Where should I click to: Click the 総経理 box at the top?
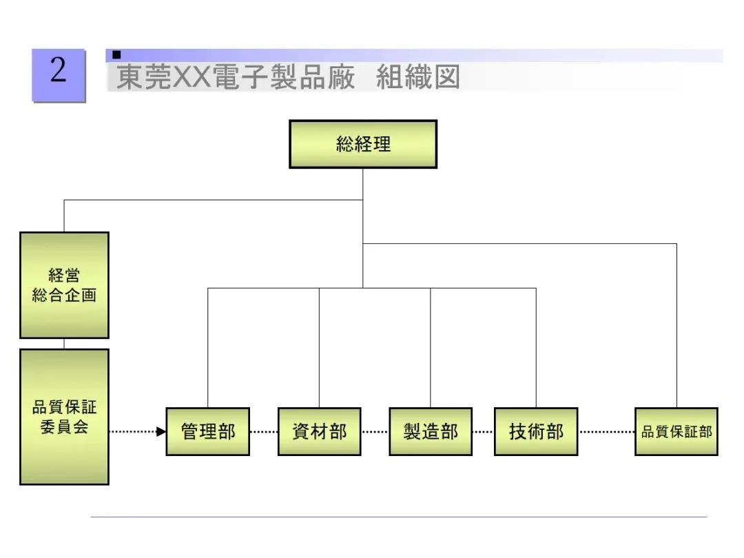point(363,144)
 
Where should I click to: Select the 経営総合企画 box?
point(64,285)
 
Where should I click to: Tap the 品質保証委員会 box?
point(64,416)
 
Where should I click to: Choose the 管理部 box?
point(207,432)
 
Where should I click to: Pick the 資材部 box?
point(319,432)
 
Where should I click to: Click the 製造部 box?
point(431,432)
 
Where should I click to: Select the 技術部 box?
point(536,432)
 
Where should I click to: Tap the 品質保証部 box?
point(676,432)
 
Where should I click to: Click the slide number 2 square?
point(59,75)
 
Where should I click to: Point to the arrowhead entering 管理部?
point(161,432)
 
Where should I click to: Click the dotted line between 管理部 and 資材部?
point(264,432)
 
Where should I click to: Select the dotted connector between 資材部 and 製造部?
point(375,432)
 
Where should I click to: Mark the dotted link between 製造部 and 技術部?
point(484,432)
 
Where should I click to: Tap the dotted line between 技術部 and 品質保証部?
point(606,432)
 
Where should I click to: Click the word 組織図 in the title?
point(417,78)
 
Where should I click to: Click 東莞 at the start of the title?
point(143,78)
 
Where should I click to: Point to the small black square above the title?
point(117,54)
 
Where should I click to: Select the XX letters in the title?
point(194,78)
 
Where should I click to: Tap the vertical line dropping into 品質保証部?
point(676,324)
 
